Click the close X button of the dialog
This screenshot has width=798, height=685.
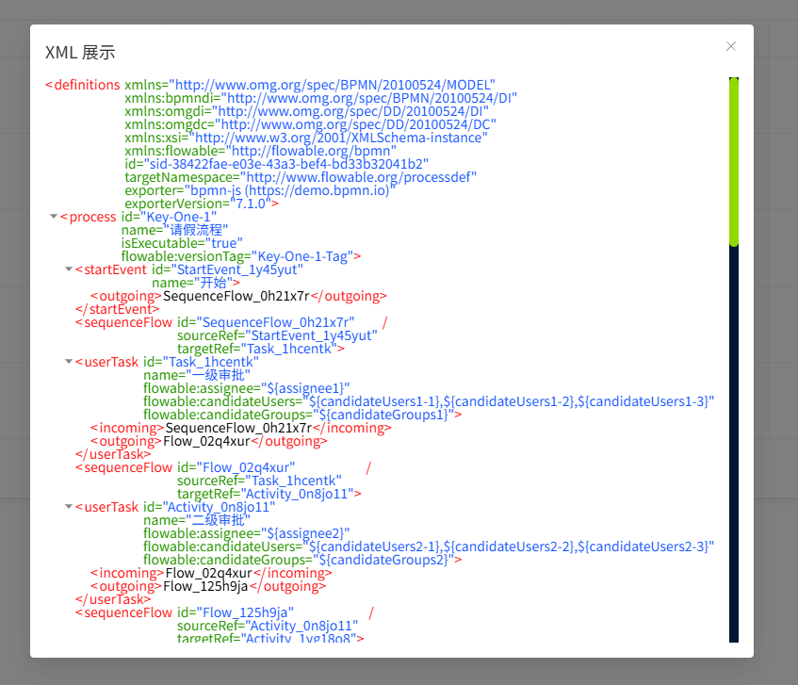[x=731, y=46]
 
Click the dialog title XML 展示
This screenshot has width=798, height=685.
[x=80, y=52]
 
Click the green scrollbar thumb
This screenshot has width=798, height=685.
[x=734, y=160]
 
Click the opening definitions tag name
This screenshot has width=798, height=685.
[x=87, y=85]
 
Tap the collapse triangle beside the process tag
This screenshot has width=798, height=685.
[x=53, y=216]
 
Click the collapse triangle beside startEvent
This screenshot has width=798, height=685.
[x=68, y=269]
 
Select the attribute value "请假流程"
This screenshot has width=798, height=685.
[x=194, y=230]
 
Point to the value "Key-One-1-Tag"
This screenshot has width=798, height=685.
[x=305, y=256]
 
